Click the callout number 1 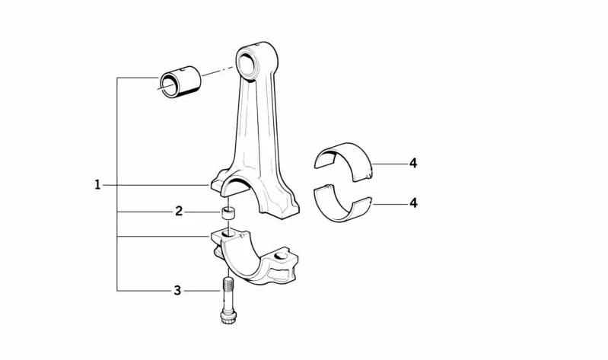coord(97,185)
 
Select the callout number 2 coord(178,212)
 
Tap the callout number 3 coord(177,290)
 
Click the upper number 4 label coord(413,164)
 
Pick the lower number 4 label coord(413,202)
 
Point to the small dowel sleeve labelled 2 coord(229,213)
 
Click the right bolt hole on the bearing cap coord(281,256)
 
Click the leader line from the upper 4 coord(390,164)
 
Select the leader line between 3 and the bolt coord(202,291)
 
